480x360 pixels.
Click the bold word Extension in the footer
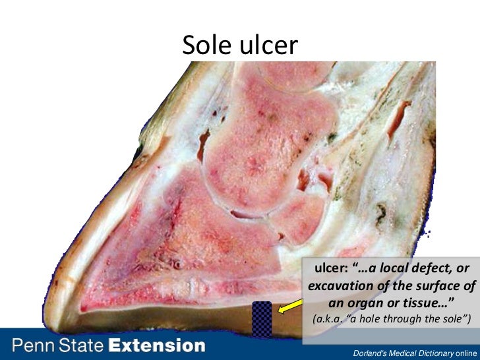157,345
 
